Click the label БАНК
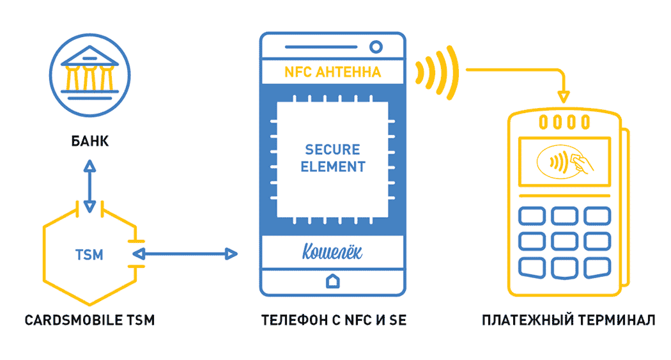click(90, 141)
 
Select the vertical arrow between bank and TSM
click(89, 186)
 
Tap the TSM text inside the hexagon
click(89, 254)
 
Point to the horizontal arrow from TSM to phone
click(185, 254)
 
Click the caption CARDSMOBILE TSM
click(89, 320)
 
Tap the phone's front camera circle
click(376, 47)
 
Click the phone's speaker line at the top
click(321, 47)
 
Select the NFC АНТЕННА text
click(332, 72)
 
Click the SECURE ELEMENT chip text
click(333, 158)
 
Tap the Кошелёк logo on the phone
click(332, 252)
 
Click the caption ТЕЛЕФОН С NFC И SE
click(334, 320)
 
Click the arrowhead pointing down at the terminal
click(564, 97)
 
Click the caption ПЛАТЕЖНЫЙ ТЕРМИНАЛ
click(568, 320)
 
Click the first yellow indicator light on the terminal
click(543, 122)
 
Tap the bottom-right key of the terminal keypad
click(598, 268)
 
